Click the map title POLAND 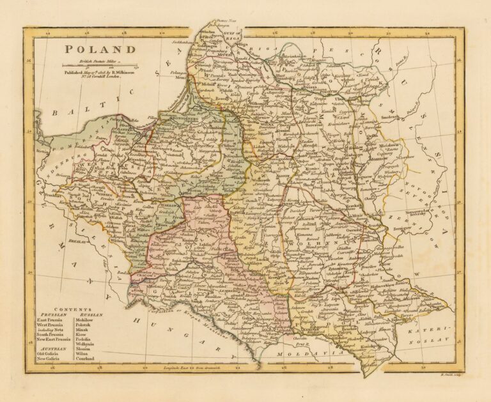pyautogui.click(x=99, y=50)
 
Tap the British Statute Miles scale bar pyautogui.click(x=100, y=65)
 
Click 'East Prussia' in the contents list pyautogui.click(x=49, y=320)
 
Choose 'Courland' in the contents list pyautogui.click(x=84, y=359)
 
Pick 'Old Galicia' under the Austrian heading pyautogui.click(x=49, y=353)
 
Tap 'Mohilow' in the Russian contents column pyautogui.click(x=84, y=320)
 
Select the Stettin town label pyautogui.click(x=42, y=151)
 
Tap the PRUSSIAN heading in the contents pyautogui.click(x=51, y=314)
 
